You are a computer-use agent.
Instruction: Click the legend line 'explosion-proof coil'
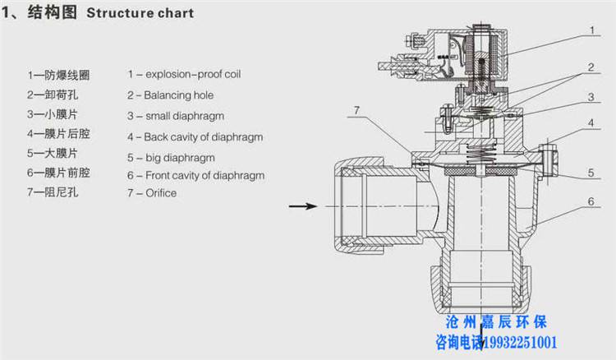click(183, 75)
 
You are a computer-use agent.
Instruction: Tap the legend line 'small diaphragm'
click(175, 116)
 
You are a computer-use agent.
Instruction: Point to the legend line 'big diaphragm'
click(170, 156)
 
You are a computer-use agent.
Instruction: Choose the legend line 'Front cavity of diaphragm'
click(195, 175)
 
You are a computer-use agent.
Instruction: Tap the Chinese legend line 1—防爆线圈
click(57, 75)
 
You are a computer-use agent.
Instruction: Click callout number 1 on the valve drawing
click(591, 30)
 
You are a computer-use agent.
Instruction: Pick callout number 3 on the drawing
click(591, 96)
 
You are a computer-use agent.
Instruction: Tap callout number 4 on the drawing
click(591, 123)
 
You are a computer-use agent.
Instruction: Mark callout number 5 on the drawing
click(591, 173)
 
